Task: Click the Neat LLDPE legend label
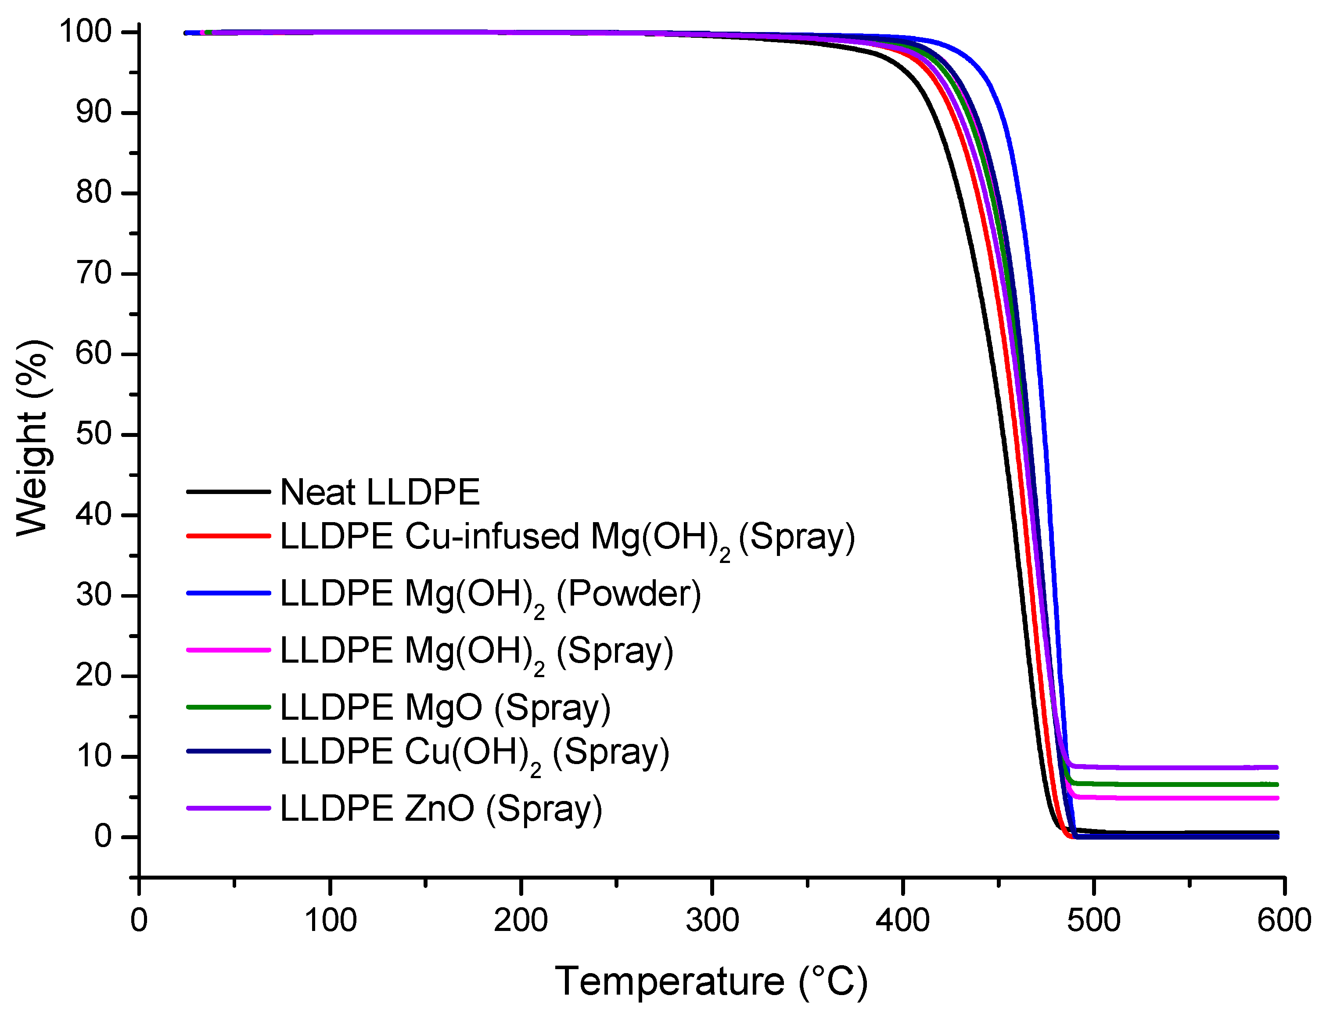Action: tap(380, 492)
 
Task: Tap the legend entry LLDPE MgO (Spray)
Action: tap(445, 707)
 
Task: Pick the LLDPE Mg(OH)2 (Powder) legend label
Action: tap(490, 594)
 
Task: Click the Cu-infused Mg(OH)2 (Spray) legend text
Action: tap(567, 536)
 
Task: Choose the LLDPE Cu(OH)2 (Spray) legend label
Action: tap(474, 752)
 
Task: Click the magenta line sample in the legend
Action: tap(228, 650)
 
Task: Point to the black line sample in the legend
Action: tap(228, 492)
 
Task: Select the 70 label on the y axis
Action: tap(94, 274)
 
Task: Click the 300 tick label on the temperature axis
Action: tap(712, 920)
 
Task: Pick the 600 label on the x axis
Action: tap(1283, 920)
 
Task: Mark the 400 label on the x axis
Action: tap(902, 920)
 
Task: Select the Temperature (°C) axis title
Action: tap(711, 982)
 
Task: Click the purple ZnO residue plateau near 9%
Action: tap(1172, 768)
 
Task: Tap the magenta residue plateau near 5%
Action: tap(1172, 798)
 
